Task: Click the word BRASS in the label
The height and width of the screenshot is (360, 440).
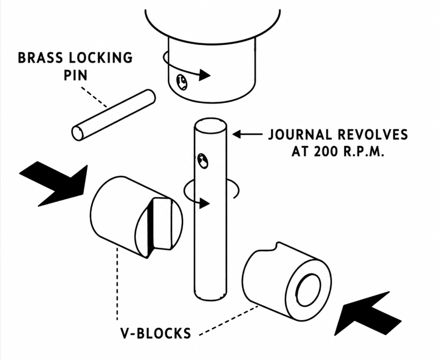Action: [41, 58]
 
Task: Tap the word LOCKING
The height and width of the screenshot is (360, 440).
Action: [101, 58]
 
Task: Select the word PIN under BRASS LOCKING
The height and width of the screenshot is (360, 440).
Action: [75, 75]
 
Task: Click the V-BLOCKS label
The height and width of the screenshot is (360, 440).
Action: [156, 333]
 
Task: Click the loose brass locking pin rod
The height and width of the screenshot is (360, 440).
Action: [113, 115]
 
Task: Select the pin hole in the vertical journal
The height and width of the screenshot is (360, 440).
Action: [203, 161]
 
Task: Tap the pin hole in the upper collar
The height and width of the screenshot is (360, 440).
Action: [182, 82]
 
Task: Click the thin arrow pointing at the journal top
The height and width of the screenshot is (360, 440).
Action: [248, 135]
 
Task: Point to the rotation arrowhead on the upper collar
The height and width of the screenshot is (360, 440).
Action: [205, 75]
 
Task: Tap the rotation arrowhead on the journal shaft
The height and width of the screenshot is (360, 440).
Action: [204, 203]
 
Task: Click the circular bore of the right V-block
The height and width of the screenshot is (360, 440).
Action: [309, 290]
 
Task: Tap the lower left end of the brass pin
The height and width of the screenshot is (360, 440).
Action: [78, 133]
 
